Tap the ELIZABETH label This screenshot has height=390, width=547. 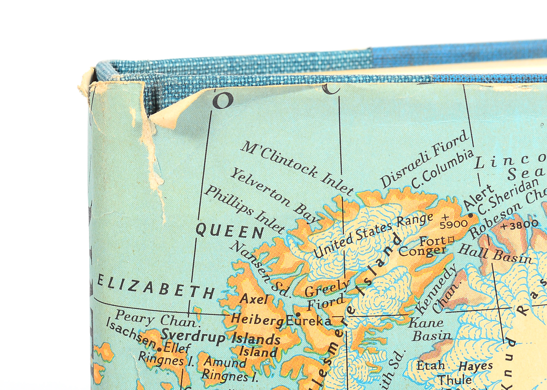coord(156,287)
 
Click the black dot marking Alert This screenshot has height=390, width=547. coord(471,216)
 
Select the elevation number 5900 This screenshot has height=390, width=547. coord(453,224)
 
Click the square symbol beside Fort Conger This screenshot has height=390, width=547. coord(451,239)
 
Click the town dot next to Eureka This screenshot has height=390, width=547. coord(298,314)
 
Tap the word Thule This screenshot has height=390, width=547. coord(455,380)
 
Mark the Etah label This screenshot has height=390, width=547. coord(431,366)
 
